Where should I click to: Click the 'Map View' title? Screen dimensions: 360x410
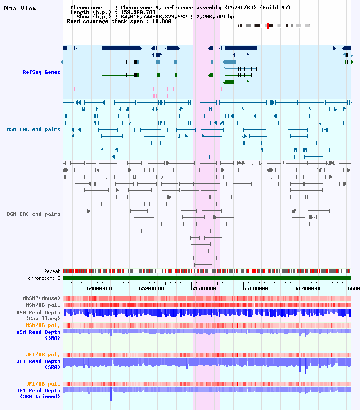click(20, 9)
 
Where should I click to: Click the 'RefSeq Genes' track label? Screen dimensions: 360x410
click(41, 72)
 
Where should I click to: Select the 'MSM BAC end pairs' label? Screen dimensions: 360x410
click(33, 129)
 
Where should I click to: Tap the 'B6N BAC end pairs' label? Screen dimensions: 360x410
click(33, 214)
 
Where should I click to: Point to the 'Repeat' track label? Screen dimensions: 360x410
click(52, 271)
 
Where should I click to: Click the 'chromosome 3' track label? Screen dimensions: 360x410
click(44, 278)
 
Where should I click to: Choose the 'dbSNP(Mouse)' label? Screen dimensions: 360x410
click(41, 298)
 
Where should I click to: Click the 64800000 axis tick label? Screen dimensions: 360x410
click(99, 288)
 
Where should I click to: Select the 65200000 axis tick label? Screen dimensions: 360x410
click(152, 288)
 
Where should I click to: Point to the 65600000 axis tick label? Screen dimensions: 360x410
click(204, 288)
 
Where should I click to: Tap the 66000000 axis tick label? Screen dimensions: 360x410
click(256, 288)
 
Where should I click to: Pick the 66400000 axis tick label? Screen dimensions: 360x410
click(308, 288)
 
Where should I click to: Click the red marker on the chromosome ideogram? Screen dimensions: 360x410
click(268, 26)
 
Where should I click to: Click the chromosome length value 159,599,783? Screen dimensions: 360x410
click(138, 12)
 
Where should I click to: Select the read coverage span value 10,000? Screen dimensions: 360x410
click(162, 22)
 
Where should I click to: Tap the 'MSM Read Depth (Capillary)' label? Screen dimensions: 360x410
click(38, 315)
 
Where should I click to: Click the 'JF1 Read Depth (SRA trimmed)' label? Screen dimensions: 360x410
click(38, 393)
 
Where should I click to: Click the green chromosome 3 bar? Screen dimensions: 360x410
click(207, 278)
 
